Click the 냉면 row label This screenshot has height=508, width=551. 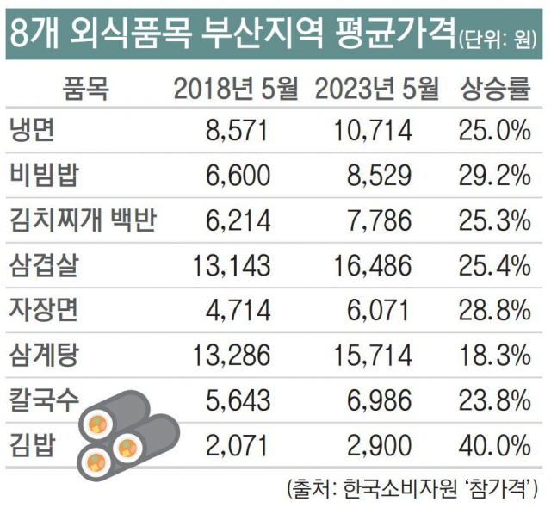pos(33,131)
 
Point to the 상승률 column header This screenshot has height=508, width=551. pos(493,87)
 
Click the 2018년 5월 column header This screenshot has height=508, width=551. pos(234,87)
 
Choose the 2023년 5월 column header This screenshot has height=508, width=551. pos(377,87)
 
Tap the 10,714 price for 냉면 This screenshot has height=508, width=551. pos(371,131)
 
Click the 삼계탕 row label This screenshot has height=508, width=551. pos(45,355)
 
